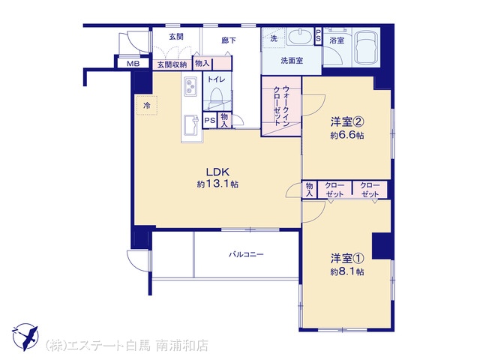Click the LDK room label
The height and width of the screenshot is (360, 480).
[217, 172]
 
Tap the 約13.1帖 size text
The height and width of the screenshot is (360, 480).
[217, 184]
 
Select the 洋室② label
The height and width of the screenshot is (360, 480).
[347, 121]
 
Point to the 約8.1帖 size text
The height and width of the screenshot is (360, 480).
[347, 271]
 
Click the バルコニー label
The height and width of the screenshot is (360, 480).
[247, 254]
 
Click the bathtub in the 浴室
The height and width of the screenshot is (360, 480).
[365, 47]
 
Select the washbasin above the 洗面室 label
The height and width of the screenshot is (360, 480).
[301, 37]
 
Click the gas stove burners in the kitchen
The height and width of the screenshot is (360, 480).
[190, 86]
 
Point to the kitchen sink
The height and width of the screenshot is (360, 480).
[190, 125]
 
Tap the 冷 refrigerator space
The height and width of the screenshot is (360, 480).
[147, 106]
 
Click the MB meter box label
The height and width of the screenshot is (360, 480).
[133, 64]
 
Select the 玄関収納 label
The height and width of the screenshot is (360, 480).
[172, 64]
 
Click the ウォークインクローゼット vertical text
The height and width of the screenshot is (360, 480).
[281, 106]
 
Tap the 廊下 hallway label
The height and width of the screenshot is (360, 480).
[229, 40]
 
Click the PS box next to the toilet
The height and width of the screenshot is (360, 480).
[210, 120]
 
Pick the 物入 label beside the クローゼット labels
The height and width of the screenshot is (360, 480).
[309, 190]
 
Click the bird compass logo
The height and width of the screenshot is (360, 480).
[25, 337]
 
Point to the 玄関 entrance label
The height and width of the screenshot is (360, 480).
[176, 37]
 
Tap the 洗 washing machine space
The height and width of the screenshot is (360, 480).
[274, 38]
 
